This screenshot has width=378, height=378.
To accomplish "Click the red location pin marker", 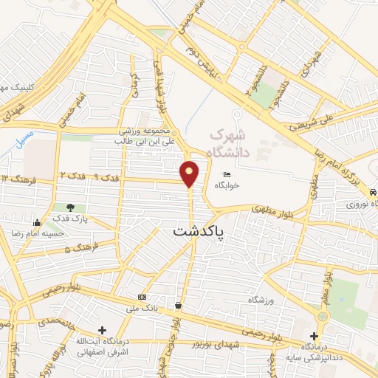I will point(190,173).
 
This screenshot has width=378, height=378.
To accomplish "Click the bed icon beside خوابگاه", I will point(226,174).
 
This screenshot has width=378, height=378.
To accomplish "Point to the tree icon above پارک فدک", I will point(70,207).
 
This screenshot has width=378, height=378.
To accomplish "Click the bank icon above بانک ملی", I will point(142,296).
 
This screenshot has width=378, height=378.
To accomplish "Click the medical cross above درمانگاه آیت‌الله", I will point(102,330).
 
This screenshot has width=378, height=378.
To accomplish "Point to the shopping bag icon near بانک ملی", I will point(179,305).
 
